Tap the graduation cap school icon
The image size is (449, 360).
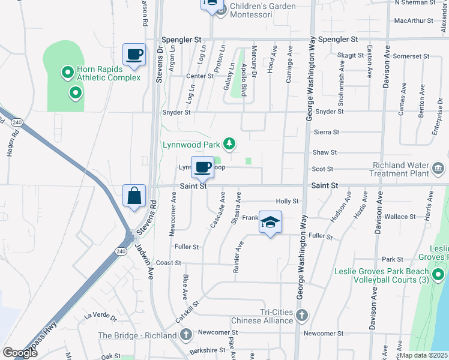(x=271, y=223)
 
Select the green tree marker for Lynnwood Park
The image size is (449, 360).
(x=229, y=143)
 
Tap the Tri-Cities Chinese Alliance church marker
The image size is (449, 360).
(x=303, y=314)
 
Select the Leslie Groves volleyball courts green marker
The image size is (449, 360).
(x=438, y=275)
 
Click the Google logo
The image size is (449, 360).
(x=20, y=352)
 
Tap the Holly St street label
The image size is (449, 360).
(x=287, y=201)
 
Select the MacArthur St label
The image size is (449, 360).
(x=414, y=20)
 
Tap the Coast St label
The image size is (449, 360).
(x=169, y=263)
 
